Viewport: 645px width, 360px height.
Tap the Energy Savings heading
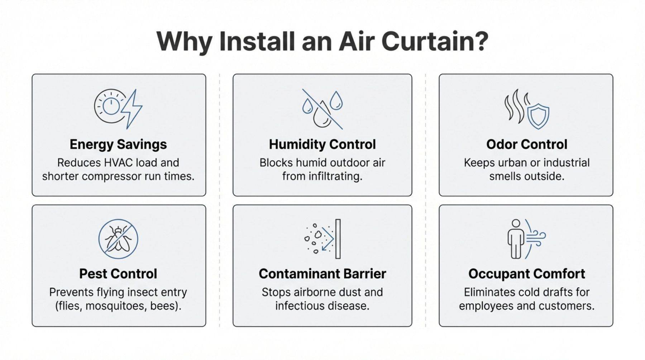tap(118, 145)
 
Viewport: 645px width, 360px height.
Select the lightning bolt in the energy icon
tap(132, 109)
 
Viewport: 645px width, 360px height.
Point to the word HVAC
tap(118, 163)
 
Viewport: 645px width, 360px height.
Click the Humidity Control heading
tap(322, 145)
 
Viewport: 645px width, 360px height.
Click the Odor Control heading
tap(527, 145)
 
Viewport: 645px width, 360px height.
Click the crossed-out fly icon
tap(118, 239)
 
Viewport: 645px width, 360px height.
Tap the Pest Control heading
tap(118, 274)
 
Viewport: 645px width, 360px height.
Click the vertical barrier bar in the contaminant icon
tap(338, 239)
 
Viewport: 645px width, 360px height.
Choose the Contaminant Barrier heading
tap(322, 274)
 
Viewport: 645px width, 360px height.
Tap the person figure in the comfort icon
tap(516, 239)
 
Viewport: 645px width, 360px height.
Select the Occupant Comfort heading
tap(527, 274)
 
